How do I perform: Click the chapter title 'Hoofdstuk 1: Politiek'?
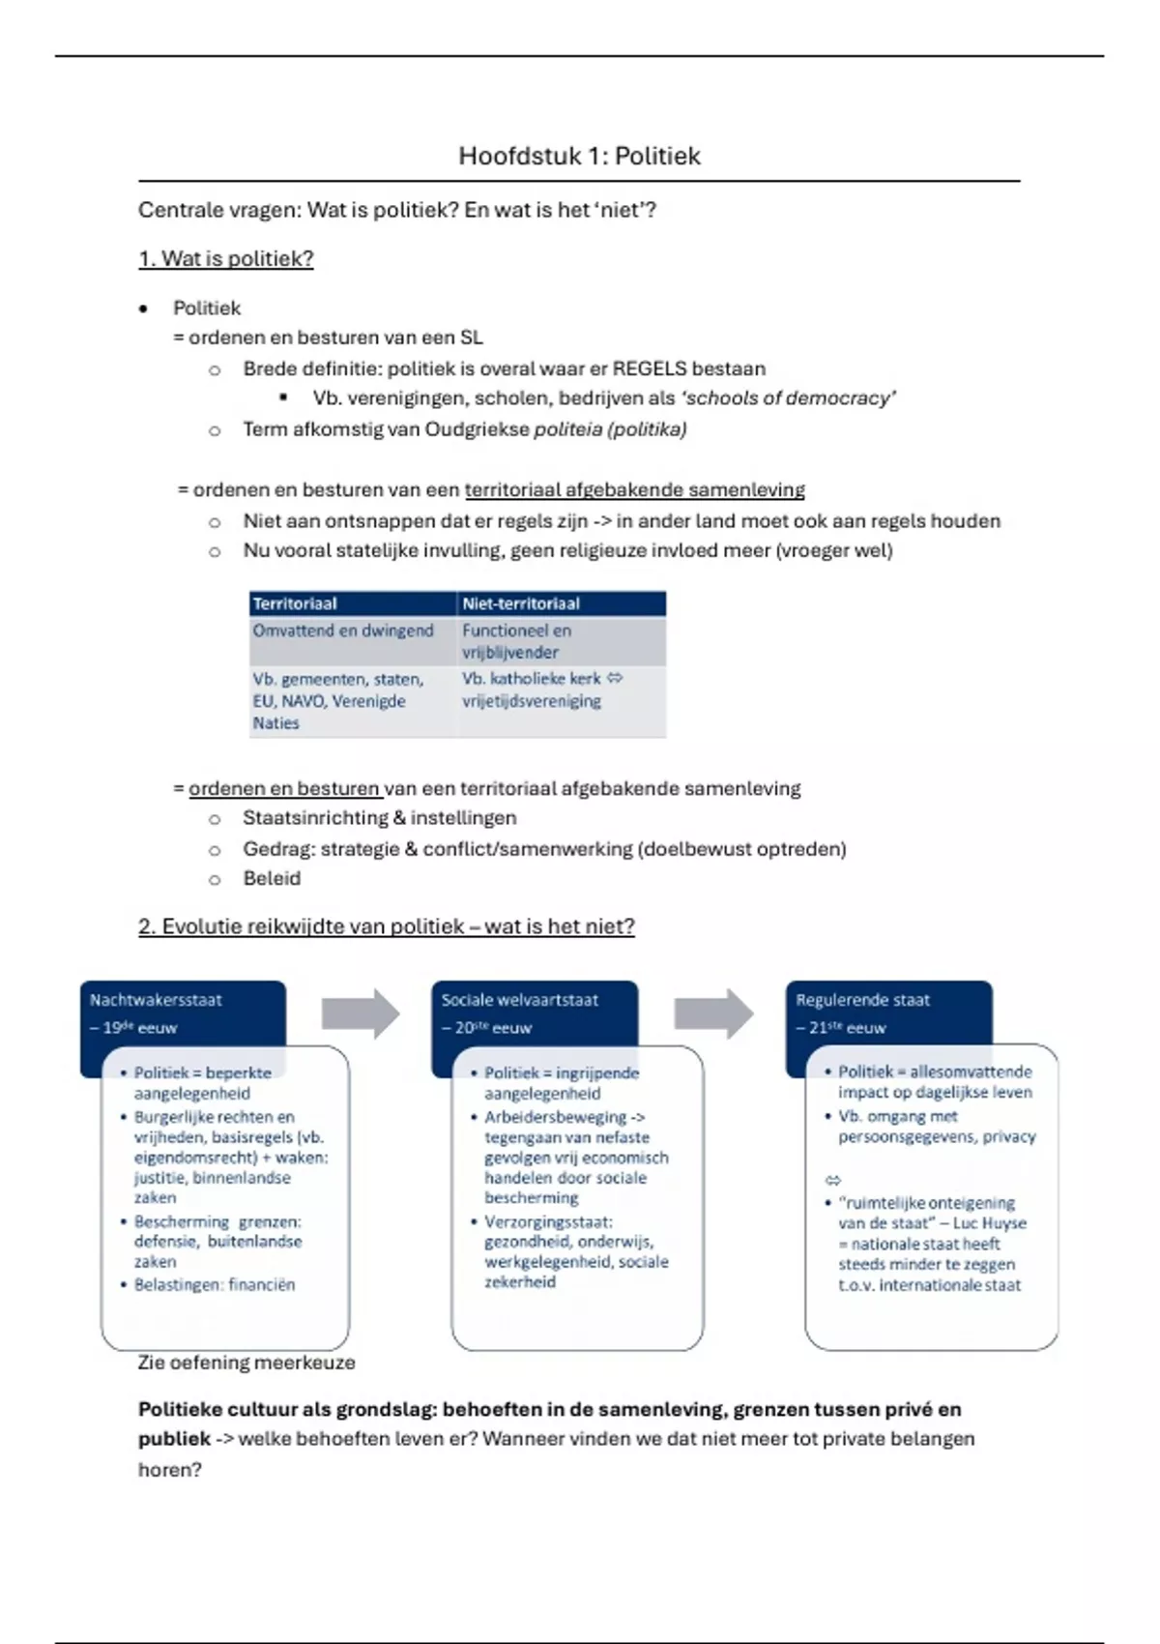click(x=579, y=156)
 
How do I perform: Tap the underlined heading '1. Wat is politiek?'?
click(x=226, y=259)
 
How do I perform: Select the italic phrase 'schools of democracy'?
click(x=789, y=398)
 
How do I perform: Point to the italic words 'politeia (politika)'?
click(x=610, y=429)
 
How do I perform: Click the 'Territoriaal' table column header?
click(x=295, y=603)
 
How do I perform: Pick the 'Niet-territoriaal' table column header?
click(x=521, y=603)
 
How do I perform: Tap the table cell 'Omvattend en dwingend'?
click(x=343, y=631)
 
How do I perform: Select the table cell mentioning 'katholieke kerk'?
click(x=541, y=690)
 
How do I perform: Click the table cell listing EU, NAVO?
click(x=338, y=700)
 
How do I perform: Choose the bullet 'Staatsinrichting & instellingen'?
click(x=379, y=818)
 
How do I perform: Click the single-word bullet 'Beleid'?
click(x=272, y=878)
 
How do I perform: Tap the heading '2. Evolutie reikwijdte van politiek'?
click(x=386, y=926)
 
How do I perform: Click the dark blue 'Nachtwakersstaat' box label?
click(x=157, y=1001)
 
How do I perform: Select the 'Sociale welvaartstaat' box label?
click(x=520, y=1001)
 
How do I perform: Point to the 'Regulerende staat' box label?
click(x=862, y=1001)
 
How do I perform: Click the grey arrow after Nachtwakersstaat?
click(x=361, y=1013)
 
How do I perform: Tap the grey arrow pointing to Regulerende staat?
click(x=713, y=1013)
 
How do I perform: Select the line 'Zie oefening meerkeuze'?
click(x=246, y=1363)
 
